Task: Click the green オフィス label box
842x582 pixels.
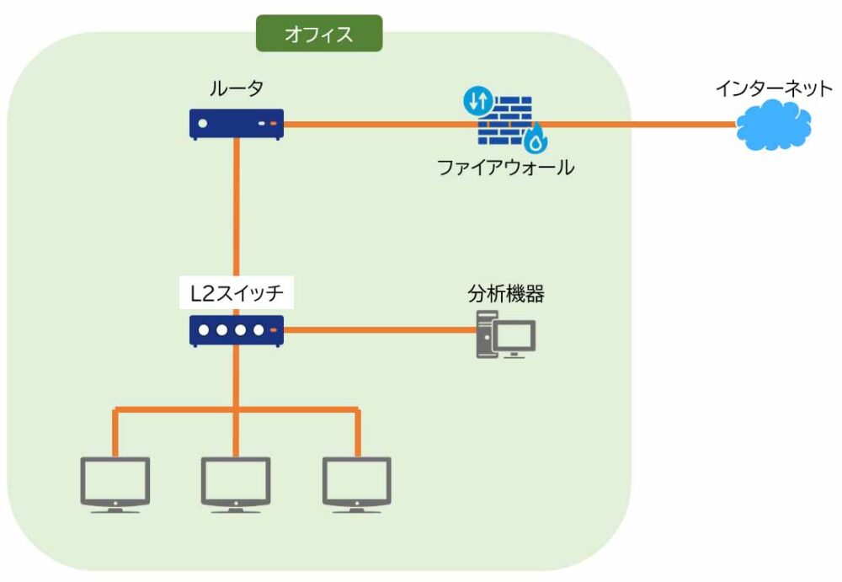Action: click(x=319, y=35)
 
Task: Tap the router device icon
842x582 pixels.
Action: click(x=235, y=124)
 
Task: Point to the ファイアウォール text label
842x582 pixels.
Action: click(x=505, y=167)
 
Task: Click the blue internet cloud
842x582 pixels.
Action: click(x=773, y=125)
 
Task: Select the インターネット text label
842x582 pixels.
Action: click(x=773, y=88)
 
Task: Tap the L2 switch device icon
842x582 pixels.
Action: click(x=236, y=330)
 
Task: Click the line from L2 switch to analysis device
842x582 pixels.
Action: click(x=379, y=329)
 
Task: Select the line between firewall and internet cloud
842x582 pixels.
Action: click(x=640, y=125)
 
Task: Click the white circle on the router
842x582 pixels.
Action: click(x=202, y=124)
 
